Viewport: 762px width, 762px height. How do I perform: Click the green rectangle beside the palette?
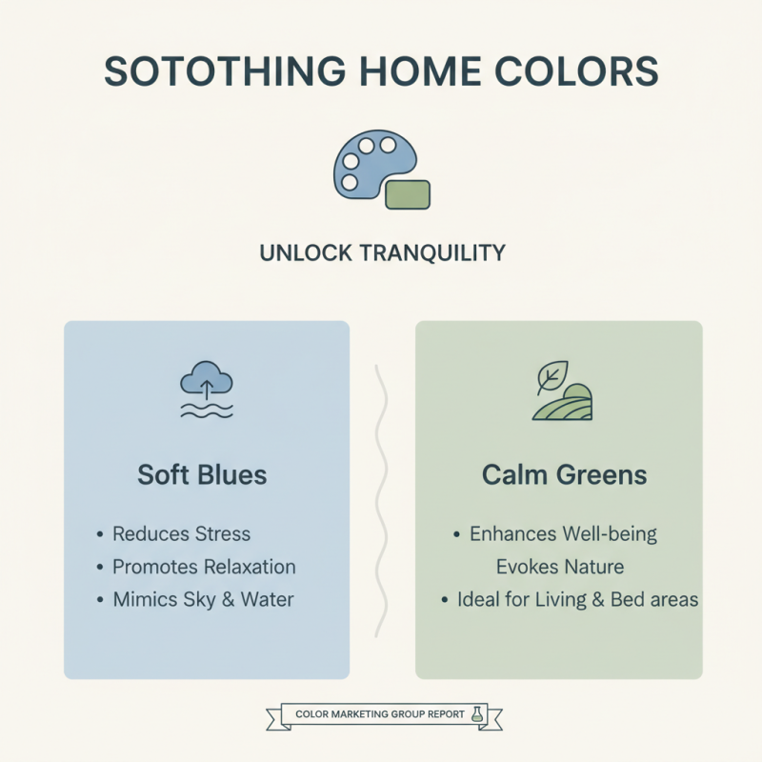[x=407, y=193]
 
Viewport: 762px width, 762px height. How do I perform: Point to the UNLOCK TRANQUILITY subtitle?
[x=381, y=253]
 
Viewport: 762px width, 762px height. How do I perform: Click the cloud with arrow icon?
[x=206, y=381]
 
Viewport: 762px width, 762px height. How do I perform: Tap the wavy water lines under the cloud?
[x=206, y=410]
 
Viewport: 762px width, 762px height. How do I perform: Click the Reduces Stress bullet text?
[x=181, y=533]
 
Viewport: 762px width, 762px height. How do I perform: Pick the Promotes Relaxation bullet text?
[x=204, y=567]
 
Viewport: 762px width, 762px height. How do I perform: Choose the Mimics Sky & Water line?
[x=203, y=600]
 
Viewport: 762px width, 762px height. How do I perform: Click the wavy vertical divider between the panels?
[x=382, y=500]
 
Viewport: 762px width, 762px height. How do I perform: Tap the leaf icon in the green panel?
[x=550, y=378]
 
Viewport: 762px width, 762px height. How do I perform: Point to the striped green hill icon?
[x=564, y=404]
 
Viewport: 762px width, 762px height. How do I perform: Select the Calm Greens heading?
[x=565, y=474]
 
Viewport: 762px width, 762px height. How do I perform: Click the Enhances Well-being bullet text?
[x=563, y=533]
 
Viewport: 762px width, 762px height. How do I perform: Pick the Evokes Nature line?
[x=560, y=567]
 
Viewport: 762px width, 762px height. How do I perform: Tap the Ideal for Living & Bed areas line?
[x=577, y=600]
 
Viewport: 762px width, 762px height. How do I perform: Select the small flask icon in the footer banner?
[x=477, y=713]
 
